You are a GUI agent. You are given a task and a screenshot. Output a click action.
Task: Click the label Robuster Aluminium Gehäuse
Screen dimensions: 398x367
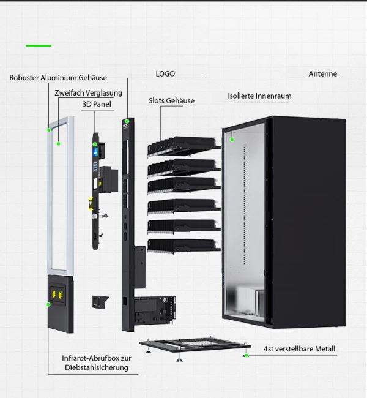click(x=58, y=78)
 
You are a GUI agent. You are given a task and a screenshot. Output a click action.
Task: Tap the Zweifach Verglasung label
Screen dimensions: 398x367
click(x=88, y=93)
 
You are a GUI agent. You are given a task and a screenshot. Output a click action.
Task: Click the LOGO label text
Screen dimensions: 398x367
click(x=165, y=73)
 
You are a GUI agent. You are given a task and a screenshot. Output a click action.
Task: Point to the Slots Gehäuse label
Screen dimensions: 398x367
click(x=171, y=100)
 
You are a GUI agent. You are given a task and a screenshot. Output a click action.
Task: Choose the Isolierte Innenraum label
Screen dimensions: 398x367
click(x=259, y=96)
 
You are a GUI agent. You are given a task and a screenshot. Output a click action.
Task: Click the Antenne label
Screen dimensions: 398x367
click(x=322, y=74)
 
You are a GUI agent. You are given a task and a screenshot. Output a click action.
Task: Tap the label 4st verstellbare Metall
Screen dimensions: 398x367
click(x=300, y=349)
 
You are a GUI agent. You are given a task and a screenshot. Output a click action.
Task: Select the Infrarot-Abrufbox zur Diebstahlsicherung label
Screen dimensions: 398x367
click(x=95, y=362)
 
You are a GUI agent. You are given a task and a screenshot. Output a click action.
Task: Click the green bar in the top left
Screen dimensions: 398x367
click(x=39, y=45)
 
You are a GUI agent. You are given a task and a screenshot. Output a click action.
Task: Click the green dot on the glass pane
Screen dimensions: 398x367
click(x=59, y=143)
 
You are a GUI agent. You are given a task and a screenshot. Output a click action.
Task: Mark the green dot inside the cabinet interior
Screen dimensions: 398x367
click(x=232, y=140)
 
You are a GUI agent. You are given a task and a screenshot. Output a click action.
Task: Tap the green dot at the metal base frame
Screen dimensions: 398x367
click(x=246, y=355)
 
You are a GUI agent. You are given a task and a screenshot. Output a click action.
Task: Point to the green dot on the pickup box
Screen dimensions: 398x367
click(x=48, y=304)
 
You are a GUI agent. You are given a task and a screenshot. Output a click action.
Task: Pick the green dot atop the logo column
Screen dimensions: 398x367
click(x=127, y=121)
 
